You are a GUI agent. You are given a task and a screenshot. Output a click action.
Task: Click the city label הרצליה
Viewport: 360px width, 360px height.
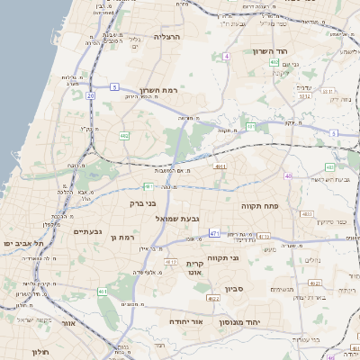point(167,37)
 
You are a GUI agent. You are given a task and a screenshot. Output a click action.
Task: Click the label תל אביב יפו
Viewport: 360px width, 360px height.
point(23,243)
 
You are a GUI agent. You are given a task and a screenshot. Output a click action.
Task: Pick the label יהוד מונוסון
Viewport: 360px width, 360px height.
point(265,321)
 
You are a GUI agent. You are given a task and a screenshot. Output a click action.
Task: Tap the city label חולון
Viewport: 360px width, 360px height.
point(39,351)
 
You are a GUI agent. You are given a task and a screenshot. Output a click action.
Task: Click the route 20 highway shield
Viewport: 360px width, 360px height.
point(90,94)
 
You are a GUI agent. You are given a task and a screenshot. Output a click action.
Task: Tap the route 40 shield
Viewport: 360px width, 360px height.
point(288,176)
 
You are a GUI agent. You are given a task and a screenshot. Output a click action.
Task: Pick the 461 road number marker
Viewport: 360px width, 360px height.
point(103,292)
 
